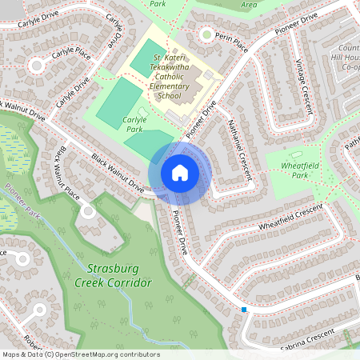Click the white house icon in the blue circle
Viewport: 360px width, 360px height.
[180, 172]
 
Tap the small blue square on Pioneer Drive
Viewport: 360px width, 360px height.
[243, 309]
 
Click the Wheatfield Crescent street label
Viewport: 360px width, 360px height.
[290, 218]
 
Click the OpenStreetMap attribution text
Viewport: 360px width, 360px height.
[81, 354]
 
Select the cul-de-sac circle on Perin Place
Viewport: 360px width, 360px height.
[207, 34]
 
